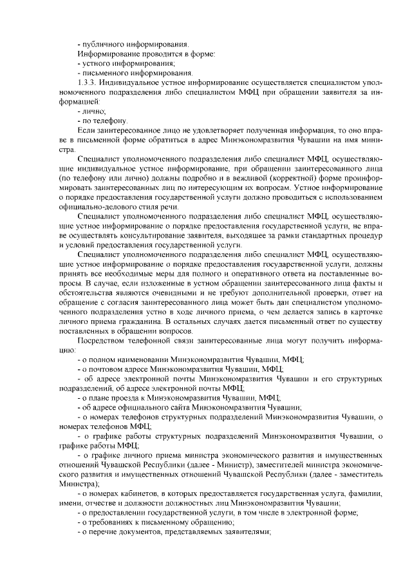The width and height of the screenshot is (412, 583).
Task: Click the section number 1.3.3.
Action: (87, 83)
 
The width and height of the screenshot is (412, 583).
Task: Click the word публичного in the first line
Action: (104, 44)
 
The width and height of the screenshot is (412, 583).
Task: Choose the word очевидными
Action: (171, 293)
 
